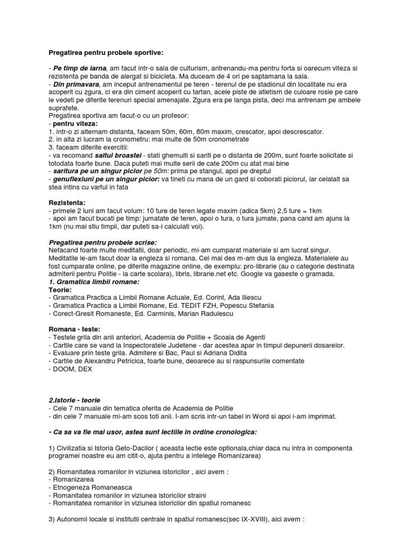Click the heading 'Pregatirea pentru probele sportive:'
coord(106,53)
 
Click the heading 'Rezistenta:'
coord(67,203)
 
